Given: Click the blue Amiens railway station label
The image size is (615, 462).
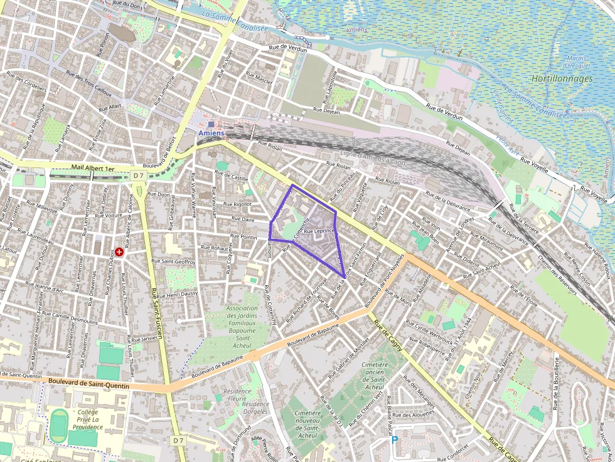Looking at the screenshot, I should (211, 133).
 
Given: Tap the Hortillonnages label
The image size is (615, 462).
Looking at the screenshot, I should (562, 79).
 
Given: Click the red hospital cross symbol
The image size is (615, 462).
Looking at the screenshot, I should (119, 251).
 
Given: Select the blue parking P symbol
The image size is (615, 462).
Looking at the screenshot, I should (395, 440).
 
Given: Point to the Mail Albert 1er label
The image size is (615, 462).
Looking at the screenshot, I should (92, 169).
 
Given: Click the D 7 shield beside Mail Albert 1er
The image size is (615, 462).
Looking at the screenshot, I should (139, 176).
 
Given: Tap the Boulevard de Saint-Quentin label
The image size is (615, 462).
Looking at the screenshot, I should (88, 383).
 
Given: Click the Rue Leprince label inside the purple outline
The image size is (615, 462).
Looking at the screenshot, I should (318, 231).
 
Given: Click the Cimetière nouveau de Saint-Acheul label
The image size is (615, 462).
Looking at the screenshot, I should (307, 424).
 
